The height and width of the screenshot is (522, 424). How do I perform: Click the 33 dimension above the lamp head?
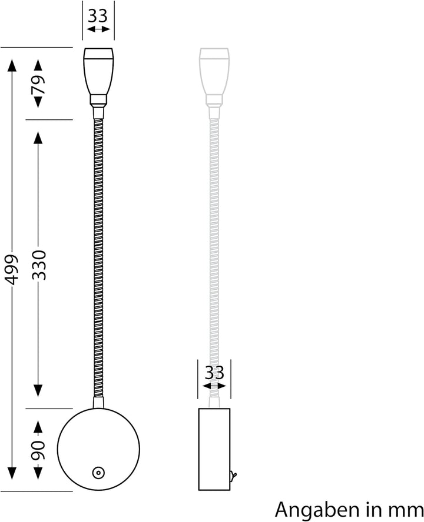pos(98,15)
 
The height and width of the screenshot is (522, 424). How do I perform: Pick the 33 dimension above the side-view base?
pos(214,372)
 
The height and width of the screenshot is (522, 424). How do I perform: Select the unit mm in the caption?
pos(406,508)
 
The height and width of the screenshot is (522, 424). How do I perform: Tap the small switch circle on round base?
pos(97,471)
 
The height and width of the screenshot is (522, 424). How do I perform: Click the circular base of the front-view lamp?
pos(98,450)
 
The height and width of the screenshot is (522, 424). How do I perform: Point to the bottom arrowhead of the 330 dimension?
pos(38,390)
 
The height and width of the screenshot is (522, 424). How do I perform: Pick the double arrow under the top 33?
pos(98,29)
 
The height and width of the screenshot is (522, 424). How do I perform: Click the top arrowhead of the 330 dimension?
pos(38,138)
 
